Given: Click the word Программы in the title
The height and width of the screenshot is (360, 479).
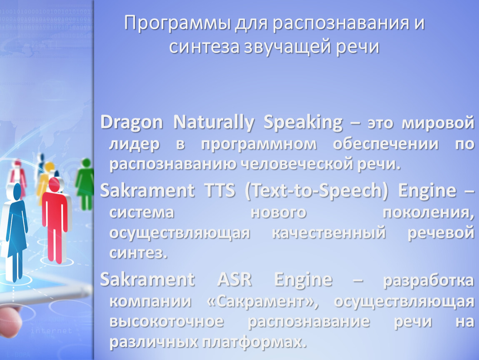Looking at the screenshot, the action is [177, 23].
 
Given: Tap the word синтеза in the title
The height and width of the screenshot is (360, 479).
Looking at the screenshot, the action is [204, 47].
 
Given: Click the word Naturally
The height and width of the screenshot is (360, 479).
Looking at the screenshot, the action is [214, 122].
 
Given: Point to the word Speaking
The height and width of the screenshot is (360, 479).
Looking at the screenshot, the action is [303, 122].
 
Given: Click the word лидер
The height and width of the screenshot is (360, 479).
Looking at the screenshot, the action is [135, 144].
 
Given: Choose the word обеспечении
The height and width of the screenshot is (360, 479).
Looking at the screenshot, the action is [386, 144].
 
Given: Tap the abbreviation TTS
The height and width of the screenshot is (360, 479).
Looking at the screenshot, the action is [220, 190].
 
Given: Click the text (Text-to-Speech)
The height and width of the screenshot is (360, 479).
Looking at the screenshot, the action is [316, 191].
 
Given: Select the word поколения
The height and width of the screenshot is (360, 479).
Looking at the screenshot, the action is [428, 212].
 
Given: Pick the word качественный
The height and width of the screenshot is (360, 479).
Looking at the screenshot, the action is [329, 232].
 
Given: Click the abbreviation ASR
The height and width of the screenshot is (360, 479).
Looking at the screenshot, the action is [235, 279].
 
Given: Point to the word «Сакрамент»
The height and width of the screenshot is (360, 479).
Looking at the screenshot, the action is [262, 302].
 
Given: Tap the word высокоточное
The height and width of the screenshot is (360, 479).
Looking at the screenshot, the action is [167, 321].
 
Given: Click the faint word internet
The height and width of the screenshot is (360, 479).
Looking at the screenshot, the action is [51, 331].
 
